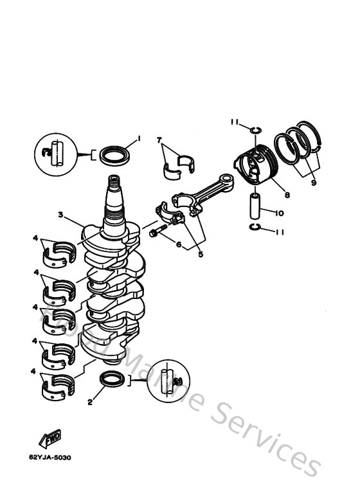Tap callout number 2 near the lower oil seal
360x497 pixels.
click(x=90, y=403)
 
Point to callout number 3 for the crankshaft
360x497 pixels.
click(x=59, y=215)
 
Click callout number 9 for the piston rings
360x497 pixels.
click(x=313, y=183)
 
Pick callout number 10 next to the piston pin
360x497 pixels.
click(x=280, y=213)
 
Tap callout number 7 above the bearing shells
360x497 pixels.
click(x=159, y=140)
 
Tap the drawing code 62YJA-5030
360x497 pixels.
click(x=50, y=458)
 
